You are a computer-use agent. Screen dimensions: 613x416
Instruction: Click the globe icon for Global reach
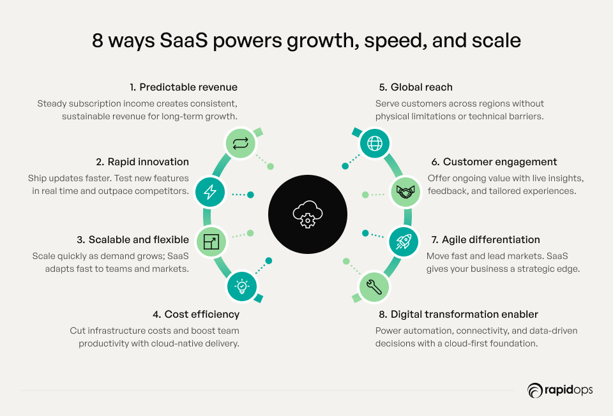375,144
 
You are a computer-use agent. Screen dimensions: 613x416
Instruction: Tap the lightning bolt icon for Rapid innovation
210,192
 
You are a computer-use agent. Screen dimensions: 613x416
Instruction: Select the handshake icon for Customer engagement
405,191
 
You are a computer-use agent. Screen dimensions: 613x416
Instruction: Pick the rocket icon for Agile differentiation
404,242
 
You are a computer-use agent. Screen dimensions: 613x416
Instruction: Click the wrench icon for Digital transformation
374,287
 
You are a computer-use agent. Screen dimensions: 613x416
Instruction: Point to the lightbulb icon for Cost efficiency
242,286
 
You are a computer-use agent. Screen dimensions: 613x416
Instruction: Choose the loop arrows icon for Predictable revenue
241,144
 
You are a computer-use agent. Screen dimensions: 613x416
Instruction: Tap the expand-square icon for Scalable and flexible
211,241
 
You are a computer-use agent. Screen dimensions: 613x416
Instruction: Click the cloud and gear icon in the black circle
308,214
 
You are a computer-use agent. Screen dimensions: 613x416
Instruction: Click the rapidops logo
560,390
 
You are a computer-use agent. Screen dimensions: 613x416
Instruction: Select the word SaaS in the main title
183,40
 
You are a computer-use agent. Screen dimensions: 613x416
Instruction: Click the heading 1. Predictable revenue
184,87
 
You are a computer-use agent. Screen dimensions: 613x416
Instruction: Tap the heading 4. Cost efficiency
196,314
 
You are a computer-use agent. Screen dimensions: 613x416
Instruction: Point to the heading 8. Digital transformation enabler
458,314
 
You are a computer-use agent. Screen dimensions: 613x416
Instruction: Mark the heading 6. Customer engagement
494,161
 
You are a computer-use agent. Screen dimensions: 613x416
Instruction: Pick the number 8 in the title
97,41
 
